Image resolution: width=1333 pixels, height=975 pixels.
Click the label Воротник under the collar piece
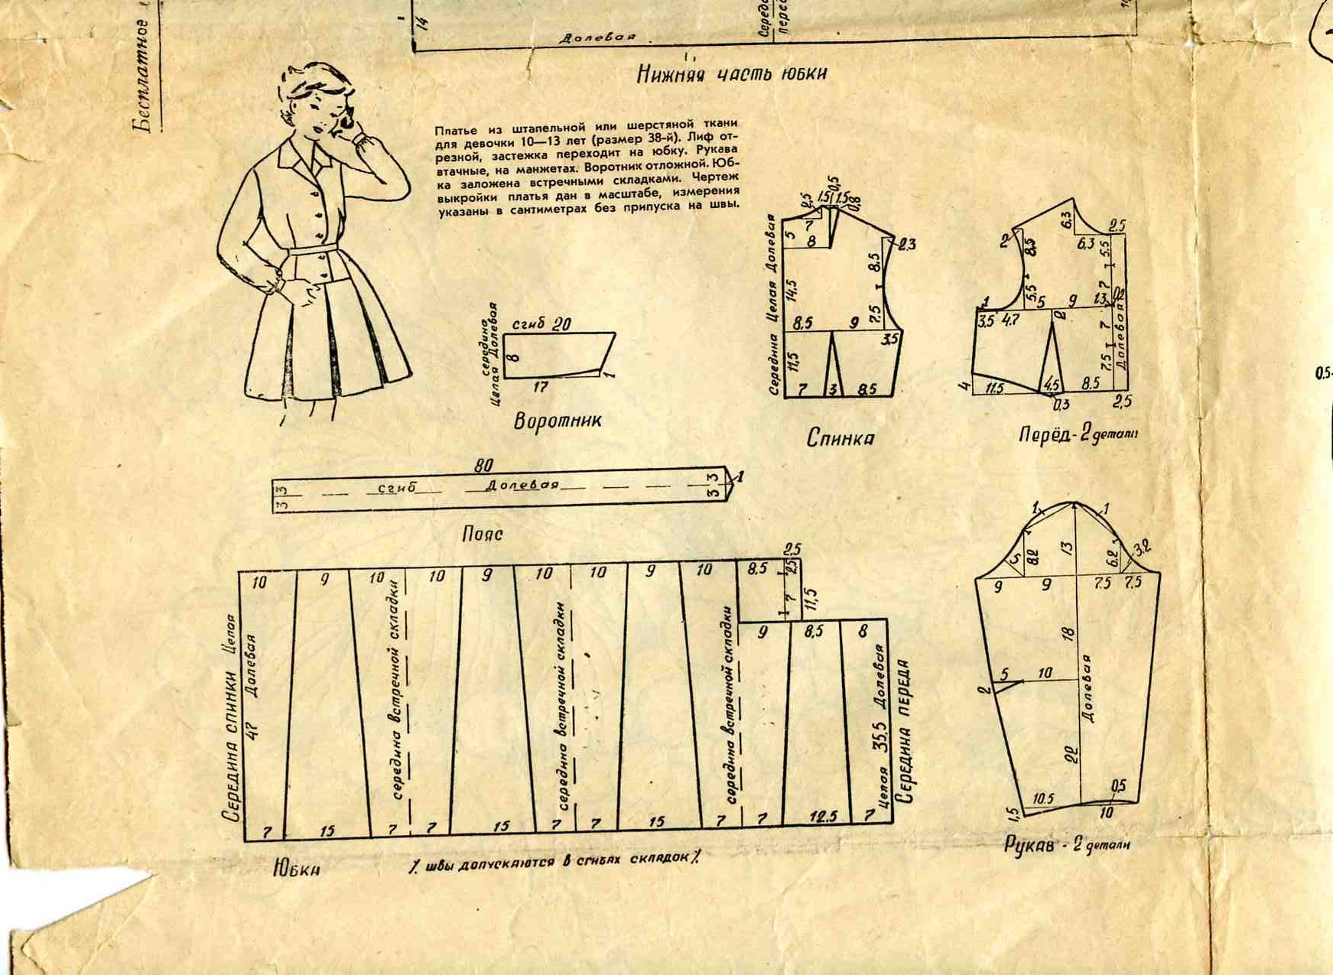tap(558, 421)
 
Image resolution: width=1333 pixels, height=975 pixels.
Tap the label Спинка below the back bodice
tap(840, 438)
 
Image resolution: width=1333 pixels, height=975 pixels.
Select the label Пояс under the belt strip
tap(483, 534)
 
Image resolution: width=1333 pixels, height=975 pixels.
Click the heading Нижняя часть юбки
tap(732, 73)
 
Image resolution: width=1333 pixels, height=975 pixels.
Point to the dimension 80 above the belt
tap(484, 465)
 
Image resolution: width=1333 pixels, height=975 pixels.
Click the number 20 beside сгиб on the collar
tap(561, 324)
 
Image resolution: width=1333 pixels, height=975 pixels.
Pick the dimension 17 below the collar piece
tap(540, 388)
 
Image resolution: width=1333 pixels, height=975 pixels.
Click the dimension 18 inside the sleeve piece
tap(1068, 632)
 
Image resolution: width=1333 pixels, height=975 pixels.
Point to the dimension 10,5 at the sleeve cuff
tap(1043, 798)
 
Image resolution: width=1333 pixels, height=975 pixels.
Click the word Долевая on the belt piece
tap(522, 485)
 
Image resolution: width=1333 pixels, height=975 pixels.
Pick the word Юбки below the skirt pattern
tap(296, 869)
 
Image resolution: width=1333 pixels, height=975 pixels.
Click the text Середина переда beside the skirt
tap(907, 731)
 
